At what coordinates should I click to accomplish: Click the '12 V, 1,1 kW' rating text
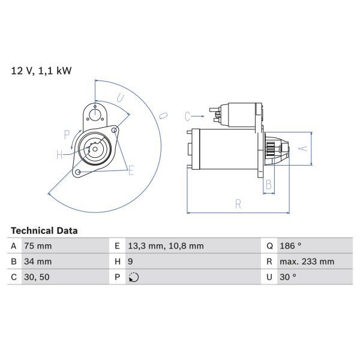pos(41,71)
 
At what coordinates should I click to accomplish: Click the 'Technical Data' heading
pos(44,230)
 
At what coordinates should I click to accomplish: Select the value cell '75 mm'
pos(38,246)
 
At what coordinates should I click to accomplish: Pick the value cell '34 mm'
pos(38,262)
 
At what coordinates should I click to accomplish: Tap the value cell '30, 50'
pos(37,277)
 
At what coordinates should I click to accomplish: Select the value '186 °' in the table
pos(292,246)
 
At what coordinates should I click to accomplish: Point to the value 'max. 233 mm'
pos(307,262)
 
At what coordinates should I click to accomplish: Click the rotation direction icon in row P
pos(134,277)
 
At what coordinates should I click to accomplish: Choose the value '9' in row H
pos(131,262)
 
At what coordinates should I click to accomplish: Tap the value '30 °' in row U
pos(289,277)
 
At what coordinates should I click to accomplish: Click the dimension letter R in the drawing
pos(238,204)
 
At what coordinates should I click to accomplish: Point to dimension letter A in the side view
pos(303,148)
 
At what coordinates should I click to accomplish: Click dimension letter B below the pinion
pos(269,184)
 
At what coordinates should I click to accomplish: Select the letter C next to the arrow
pos(187,116)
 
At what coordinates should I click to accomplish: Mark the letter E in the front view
pos(131,170)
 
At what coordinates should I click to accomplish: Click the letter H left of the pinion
pos(60,155)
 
